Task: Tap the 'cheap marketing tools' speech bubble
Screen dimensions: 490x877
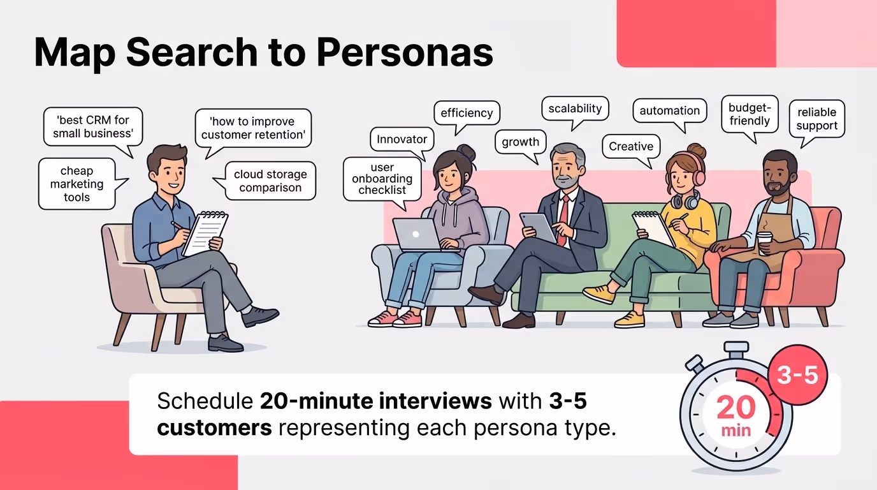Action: coord(77,184)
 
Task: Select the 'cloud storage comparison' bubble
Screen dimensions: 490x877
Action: coord(270,181)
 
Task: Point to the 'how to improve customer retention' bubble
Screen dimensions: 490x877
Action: coord(252,128)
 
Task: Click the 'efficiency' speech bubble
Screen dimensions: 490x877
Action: coord(467,113)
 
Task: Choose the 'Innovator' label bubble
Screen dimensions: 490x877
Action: coord(402,139)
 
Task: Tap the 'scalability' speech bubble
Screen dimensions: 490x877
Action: coord(575,108)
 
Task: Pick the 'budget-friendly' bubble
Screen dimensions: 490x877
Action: coord(750,114)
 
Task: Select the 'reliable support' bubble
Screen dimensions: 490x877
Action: coord(816,119)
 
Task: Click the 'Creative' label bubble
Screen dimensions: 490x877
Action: coord(631,147)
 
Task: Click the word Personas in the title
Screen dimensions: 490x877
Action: coord(405,54)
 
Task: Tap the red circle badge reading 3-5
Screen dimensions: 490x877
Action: coord(797,375)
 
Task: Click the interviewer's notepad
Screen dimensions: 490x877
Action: coord(206,234)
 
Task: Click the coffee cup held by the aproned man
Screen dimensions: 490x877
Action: coord(764,242)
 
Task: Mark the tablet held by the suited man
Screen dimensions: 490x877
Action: coord(537,227)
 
